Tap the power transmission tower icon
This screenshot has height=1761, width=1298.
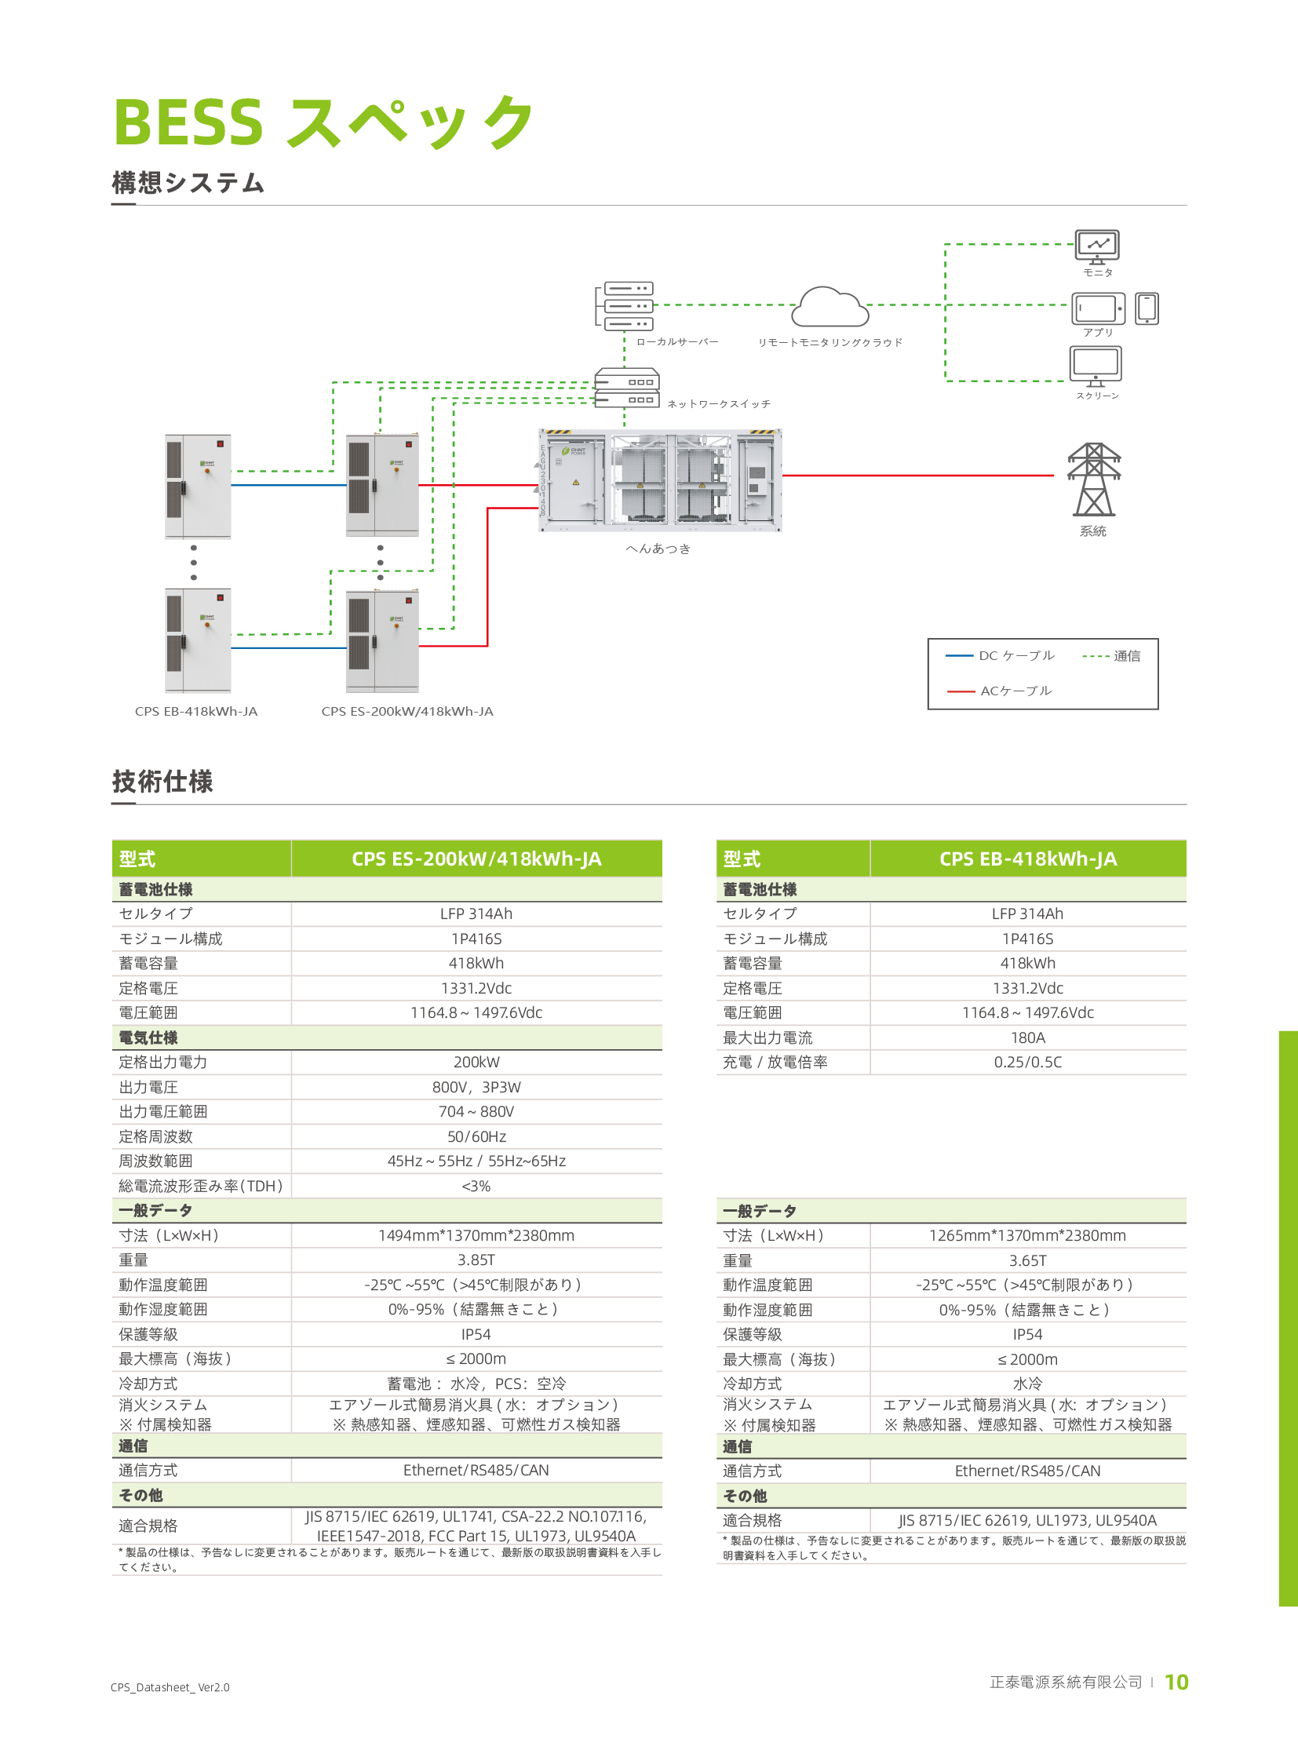tap(1093, 479)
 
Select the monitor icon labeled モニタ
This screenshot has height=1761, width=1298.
tap(1097, 246)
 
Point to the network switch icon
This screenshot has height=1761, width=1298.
tap(626, 390)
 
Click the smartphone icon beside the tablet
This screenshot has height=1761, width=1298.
tap(1147, 308)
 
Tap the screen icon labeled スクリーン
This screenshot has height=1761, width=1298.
tap(1096, 366)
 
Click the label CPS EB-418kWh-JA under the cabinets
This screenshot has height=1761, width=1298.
tap(196, 711)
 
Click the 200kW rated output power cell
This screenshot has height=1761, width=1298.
tap(476, 1062)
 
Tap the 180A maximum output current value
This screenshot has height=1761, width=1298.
tap(1027, 1037)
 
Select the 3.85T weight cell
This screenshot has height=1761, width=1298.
tap(476, 1260)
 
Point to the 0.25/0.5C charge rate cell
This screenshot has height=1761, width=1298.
tap(1027, 1062)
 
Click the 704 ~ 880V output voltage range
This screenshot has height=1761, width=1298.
tap(476, 1111)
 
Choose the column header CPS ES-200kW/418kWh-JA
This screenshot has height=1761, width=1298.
tap(476, 858)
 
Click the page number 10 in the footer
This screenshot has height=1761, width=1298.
tap(1176, 1682)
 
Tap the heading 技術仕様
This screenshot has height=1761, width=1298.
tap(162, 781)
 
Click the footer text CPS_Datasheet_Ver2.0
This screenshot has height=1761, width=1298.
tap(170, 1687)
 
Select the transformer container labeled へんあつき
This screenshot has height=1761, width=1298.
tap(660, 481)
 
